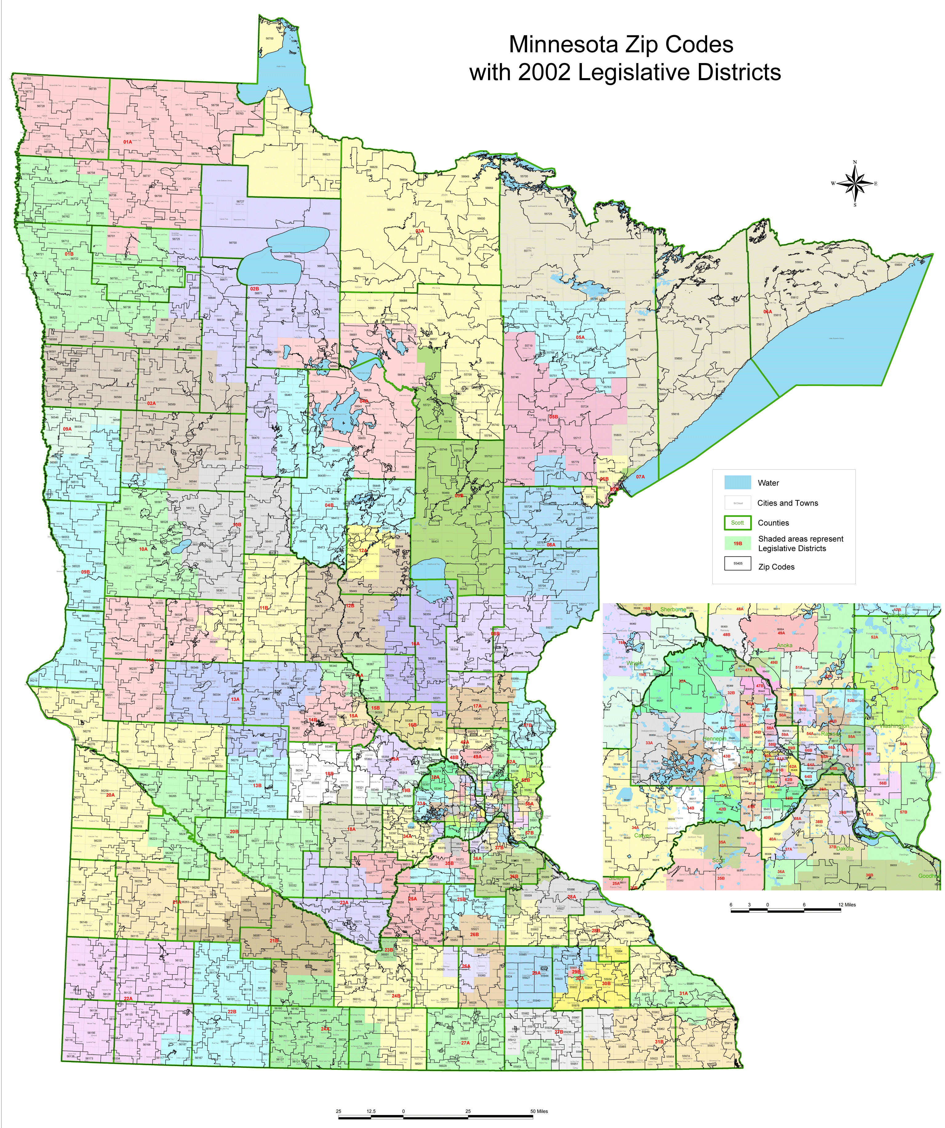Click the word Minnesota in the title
[566, 45]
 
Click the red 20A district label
[110, 795]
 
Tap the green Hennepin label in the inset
[715, 739]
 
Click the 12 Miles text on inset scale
[847, 905]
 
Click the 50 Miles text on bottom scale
[539, 1111]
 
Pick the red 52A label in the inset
[874, 637]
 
